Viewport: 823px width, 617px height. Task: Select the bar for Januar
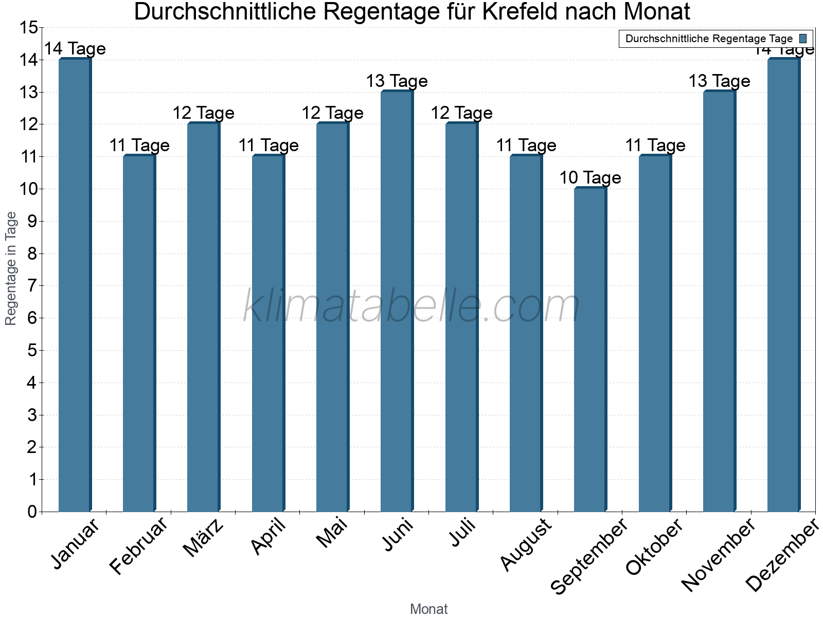[75, 285]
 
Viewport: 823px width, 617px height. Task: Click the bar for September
[591, 350]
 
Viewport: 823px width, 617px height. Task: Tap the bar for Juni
[397, 301]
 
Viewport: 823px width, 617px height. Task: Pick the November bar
[719, 301]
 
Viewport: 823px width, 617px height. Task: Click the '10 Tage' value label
[590, 178]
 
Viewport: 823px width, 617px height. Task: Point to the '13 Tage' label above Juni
[397, 81]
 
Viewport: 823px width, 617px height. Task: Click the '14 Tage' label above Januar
[75, 49]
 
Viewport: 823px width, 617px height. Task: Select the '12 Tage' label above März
[203, 113]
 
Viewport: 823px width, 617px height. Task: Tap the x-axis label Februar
[139, 546]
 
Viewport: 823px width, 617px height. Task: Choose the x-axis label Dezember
[781, 555]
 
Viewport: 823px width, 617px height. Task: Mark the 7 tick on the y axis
[32, 286]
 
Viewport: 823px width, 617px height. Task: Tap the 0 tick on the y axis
[32, 512]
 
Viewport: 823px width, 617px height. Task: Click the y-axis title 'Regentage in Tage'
[11, 268]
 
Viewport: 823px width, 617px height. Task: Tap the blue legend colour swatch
[803, 39]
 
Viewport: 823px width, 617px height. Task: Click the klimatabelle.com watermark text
[411, 306]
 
